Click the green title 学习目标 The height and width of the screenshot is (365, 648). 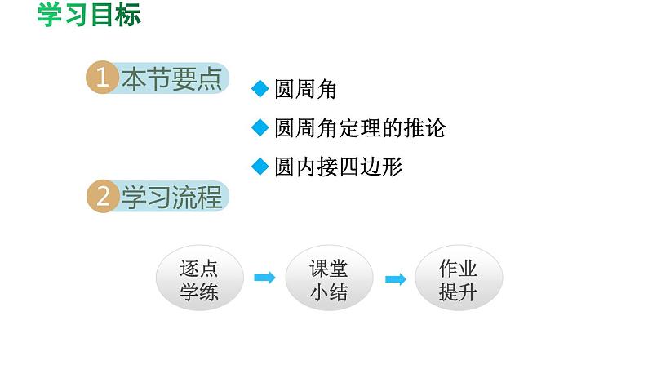pyautogui.click(x=89, y=15)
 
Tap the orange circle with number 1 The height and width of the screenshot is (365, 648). pyautogui.click(x=102, y=78)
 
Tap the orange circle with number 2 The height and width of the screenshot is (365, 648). pyautogui.click(x=102, y=197)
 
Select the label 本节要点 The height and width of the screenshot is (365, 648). pyautogui.click(x=171, y=78)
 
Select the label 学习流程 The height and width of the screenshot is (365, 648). pyautogui.click(x=171, y=198)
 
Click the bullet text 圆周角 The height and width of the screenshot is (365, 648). pyautogui.click(x=306, y=90)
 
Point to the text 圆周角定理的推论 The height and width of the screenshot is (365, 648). pyautogui.click(x=360, y=128)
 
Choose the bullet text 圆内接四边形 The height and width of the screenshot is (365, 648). pyautogui.click(x=339, y=167)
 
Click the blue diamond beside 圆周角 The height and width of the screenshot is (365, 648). pyautogui.click(x=260, y=90)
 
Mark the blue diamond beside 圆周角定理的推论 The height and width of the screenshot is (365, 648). pyautogui.click(x=260, y=128)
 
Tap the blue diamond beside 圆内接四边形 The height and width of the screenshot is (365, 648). pyautogui.click(x=260, y=167)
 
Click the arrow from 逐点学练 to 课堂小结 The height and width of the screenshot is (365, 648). pyautogui.click(x=264, y=278)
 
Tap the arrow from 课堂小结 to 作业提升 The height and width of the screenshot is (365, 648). pyautogui.click(x=395, y=279)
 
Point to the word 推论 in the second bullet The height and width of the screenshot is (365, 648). pyautogui.click(x=425, y=128)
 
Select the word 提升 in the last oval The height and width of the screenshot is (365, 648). pyautogui.click(x=458, y=292)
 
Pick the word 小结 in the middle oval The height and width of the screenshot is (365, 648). pyautogui.click(x=328, y=292)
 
